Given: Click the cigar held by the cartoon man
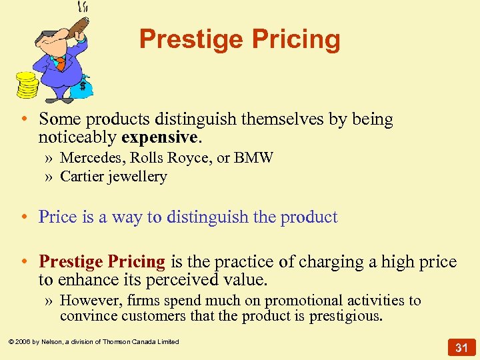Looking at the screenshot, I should pos(79,25).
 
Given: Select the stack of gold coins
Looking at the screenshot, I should pos(27,85).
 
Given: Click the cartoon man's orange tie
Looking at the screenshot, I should pos(61,63).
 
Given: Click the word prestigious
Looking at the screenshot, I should pos(346,316).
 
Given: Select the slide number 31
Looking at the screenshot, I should pos(461,347).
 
